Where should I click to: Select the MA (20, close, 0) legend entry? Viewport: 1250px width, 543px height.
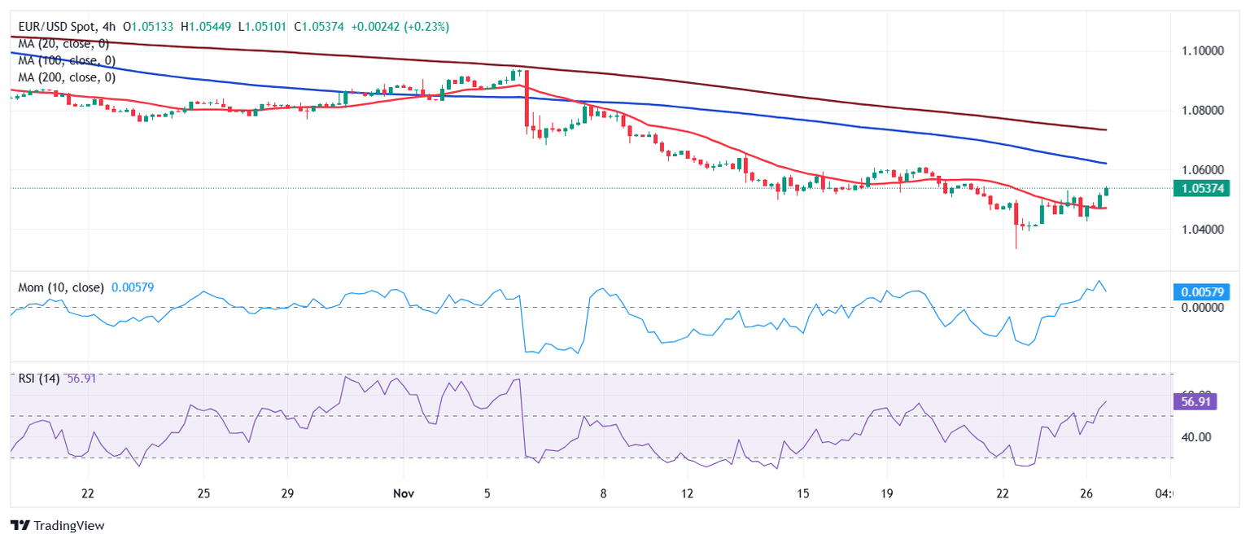63,44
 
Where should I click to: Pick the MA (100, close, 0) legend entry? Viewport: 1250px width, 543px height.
66,61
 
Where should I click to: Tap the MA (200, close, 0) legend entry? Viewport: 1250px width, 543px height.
66,78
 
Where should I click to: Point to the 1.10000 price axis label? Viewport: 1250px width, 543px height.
1201,50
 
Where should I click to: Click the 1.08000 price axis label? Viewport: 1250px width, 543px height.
1201,110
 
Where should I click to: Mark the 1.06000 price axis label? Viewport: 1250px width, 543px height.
1201,170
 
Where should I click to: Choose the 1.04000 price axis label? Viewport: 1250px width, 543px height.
1201,230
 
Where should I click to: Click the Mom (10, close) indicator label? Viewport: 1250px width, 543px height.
60,287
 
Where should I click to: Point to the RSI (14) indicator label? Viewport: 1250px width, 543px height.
39,379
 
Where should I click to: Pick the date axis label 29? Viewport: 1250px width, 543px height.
286,493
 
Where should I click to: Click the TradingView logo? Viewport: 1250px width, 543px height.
57,526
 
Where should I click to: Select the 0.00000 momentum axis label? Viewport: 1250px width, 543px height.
1201,308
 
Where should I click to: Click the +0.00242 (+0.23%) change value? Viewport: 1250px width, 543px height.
400,27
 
